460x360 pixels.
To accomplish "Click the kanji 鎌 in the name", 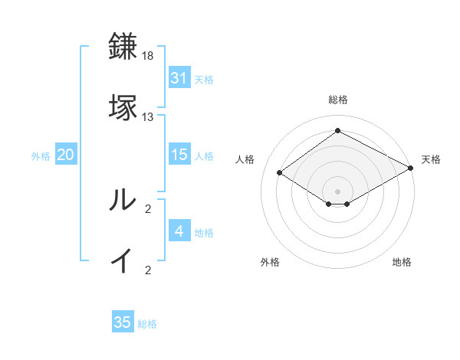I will (123, 46).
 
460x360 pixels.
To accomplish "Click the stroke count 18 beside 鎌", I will (148, 56).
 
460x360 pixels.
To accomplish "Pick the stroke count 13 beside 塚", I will (148, 117).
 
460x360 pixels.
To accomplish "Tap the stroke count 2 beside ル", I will (148, 209).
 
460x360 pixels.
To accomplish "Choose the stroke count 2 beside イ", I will (148, 270).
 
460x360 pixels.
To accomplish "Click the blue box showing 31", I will (179, 77).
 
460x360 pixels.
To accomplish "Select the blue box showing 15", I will (179, 155).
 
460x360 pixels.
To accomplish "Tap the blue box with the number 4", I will (179, 231).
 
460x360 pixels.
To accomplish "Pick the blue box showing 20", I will (66, 155).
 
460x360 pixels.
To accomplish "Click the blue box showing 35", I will (123, 322).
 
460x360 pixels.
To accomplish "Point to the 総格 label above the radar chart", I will (337, 100).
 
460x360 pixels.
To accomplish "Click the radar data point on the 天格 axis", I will (411, 168).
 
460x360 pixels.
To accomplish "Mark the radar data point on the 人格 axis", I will (280, 173).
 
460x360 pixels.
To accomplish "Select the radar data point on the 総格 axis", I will (337, 131).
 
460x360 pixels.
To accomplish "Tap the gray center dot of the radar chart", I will (337, 191).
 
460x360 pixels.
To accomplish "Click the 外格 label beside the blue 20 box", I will (41, 155).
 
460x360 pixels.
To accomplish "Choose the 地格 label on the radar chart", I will (402, 263).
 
